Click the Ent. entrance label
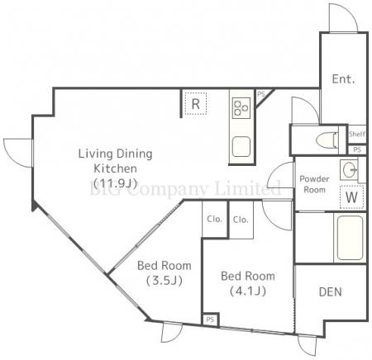(343, 79)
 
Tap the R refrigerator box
(196, 103)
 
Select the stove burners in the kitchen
(241, 108)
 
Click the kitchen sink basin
(241, 147)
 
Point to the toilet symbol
(327, 140)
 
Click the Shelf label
(357, 134)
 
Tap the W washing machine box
(351, 197)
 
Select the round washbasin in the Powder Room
(350, 169)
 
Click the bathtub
(350, 238)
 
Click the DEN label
(330, 292)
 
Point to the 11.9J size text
(115, 182)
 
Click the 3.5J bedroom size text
(165, 281)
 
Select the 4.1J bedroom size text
(248, 291)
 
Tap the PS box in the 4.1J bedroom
(210, 320)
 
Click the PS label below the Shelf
(357, 149)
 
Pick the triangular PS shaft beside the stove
(263, 97)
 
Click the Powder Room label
(314, 184)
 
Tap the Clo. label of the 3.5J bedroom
(214, 219)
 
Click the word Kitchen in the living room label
(115, 168)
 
